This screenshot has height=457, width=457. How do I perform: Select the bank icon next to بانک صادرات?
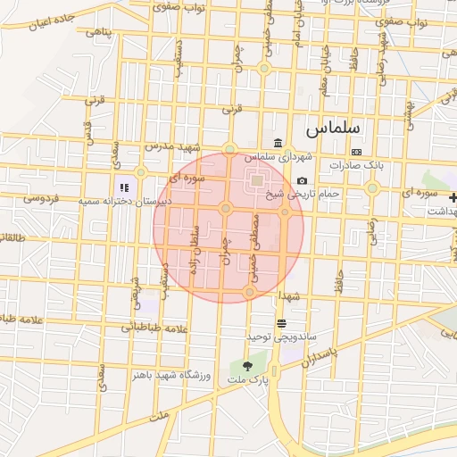pyautogui.click(x=357, y=152)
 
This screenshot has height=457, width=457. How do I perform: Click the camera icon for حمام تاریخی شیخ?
pyautogui.click(x=302, y=181)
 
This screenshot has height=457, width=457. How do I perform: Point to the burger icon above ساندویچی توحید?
pyautogui.click(x=282, y=322)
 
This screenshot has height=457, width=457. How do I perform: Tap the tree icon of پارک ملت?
pyautogui.click(x=247, y=366)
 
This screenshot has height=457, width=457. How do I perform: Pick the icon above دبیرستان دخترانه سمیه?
pyautogui.click(x=124, y=187)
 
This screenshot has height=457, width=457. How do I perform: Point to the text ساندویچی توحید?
pyautogui.click(x=282, y=336)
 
